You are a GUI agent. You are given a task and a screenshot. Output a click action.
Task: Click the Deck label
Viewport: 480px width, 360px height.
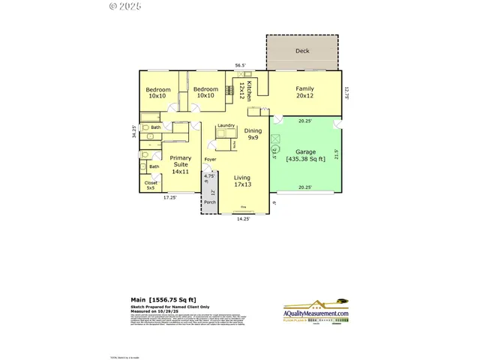click(302, 52)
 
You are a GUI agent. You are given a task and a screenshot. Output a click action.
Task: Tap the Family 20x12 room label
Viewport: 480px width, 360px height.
click(304, 91)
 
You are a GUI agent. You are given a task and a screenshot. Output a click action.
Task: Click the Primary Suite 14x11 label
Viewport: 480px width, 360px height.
click(179, 165)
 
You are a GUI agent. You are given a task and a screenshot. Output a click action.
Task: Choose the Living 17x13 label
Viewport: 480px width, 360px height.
click(242, 181)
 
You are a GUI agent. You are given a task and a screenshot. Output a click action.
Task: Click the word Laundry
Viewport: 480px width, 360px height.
click(226, 125)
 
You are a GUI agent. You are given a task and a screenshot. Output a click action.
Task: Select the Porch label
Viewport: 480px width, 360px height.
click(209, 201)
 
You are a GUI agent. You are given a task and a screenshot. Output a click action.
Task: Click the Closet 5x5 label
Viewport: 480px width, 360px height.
click(151, 184)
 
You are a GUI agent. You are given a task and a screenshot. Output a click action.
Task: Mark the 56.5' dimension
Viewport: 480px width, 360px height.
click(240, 66)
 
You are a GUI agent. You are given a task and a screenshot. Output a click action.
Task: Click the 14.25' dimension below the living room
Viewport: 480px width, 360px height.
click(243, 219)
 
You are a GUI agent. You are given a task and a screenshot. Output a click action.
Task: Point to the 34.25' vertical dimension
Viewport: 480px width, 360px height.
click(134, 132)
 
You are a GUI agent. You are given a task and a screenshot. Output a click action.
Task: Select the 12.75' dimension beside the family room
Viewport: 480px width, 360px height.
click(346, 91)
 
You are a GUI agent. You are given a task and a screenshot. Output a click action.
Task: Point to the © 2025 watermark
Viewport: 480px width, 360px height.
click(124, 6)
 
